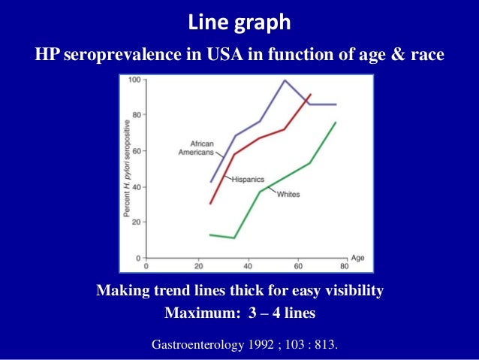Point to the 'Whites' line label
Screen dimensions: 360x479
click(x=288, y=194)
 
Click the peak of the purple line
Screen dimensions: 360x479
click(x=285, y=80)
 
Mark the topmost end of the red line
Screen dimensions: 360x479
click(x=310, y=95)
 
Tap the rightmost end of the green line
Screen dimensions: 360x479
click(x=335, y=123)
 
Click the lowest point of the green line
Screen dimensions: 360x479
click(x=235, y=238)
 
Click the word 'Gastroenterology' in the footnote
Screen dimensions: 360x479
click(x=198, y=346)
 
